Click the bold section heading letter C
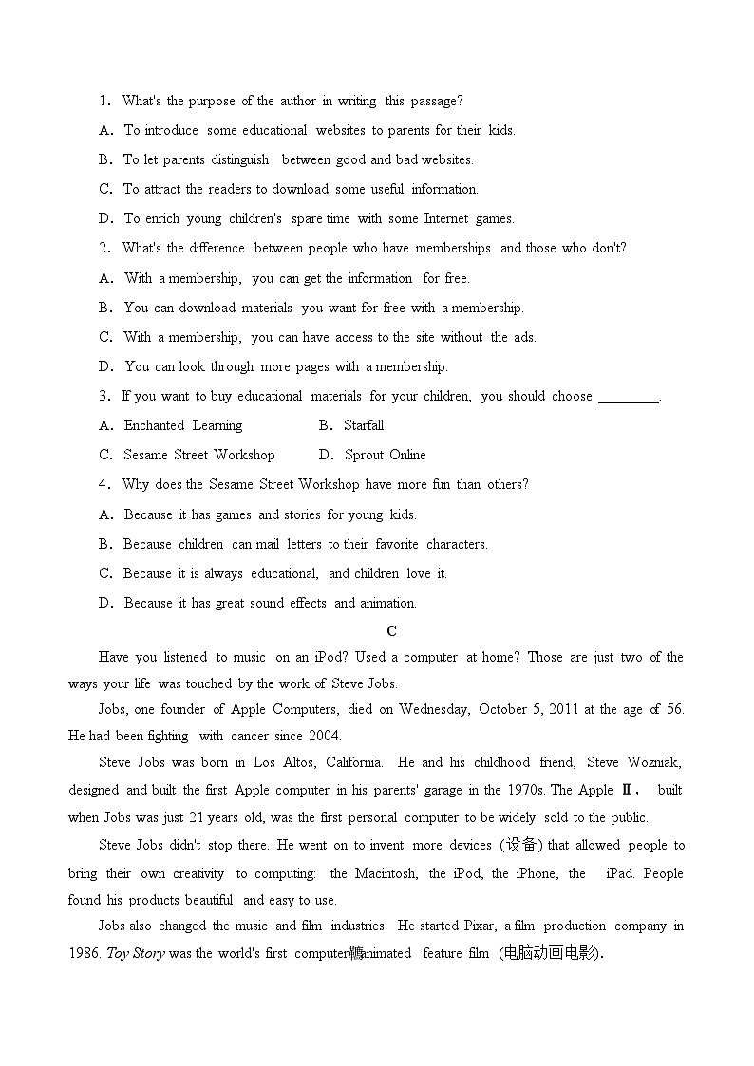pos(392,631)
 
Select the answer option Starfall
pos(364,425)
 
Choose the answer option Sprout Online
pos(385,455)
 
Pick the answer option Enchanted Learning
pos(183,425)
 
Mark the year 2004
pos(325,736)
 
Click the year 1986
pos(84,953)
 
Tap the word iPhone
pos(537,873)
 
